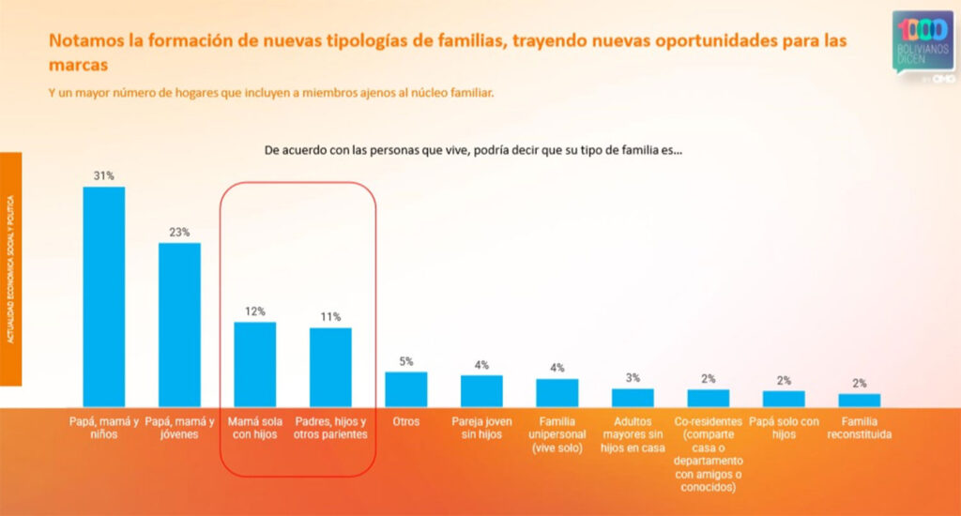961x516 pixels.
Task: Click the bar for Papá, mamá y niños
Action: click(104, 296)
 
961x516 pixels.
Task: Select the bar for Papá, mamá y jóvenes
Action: click(179, 325)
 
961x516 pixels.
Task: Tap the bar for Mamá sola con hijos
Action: click(254, 364)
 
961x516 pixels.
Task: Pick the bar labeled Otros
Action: click(406, 389)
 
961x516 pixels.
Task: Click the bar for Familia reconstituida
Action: click(860, 400)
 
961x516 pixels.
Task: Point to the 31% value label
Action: click(103, 175)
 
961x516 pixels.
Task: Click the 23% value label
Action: click(179, 232)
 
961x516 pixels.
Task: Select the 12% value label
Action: click(254, 311)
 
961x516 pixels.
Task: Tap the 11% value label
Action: click(330, 316)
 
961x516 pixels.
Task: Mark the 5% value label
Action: click(406, 361)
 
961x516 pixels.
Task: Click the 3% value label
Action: click(633, 378)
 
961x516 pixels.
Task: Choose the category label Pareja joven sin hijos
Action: click(481, 428)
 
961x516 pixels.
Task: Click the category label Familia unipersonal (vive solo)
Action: click(557, 434)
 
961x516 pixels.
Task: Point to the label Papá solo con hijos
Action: click(784, 428)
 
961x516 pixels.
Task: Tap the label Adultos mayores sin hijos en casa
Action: click(633, 434)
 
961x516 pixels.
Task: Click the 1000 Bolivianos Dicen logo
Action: click(923, 43)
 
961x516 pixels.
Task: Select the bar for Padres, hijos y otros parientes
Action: click(330, 367)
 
